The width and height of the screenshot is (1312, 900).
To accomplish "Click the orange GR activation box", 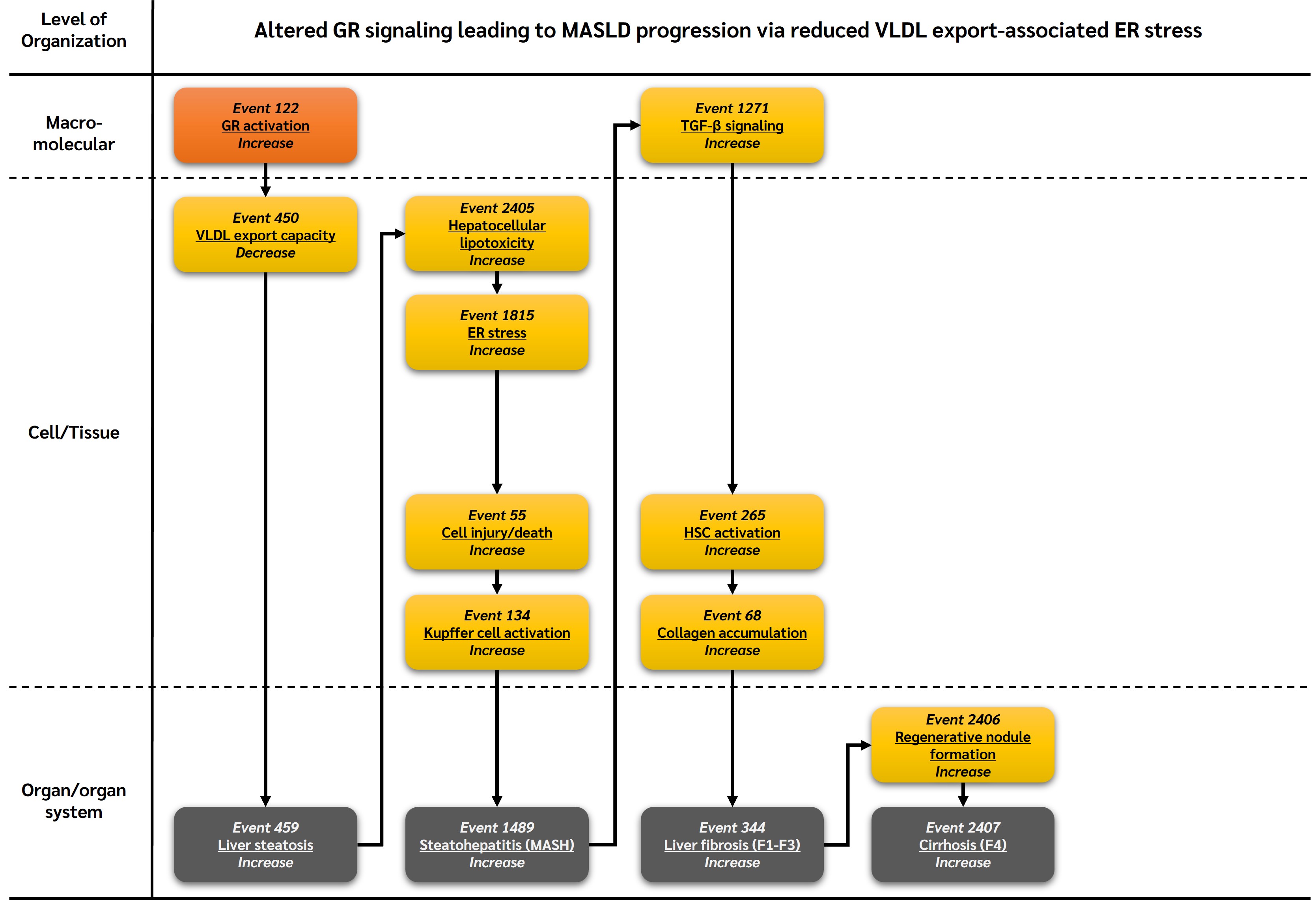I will (265, 125).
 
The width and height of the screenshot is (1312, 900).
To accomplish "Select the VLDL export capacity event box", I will (265, 235).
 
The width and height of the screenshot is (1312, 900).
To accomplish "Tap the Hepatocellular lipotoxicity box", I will (497, 234).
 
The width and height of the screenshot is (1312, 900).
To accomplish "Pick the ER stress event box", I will (497, 332).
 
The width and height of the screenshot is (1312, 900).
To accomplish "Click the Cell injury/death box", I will (497, 532).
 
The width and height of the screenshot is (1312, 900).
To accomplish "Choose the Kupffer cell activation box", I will (497, 632).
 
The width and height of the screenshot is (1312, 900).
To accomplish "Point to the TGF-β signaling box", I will (732, 125).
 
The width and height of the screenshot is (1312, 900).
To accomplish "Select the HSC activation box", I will (732, 532).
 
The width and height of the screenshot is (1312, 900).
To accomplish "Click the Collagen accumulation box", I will (732, 632).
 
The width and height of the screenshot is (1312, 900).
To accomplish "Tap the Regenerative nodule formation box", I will (963, 745).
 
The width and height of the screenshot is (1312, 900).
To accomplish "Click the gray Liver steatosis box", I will (265, 845).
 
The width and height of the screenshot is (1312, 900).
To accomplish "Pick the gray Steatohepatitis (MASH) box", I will (497, 845).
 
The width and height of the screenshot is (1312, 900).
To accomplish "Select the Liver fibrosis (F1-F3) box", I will (732, 845).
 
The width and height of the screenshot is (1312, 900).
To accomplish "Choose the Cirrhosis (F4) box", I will (963, 845).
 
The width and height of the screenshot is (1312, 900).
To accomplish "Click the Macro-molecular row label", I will (73, 133).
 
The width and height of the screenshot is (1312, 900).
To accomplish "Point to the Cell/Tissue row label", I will (73, 433).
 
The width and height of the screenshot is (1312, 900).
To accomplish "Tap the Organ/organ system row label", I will (73, 801).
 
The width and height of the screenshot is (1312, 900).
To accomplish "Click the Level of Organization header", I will (73, 30).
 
